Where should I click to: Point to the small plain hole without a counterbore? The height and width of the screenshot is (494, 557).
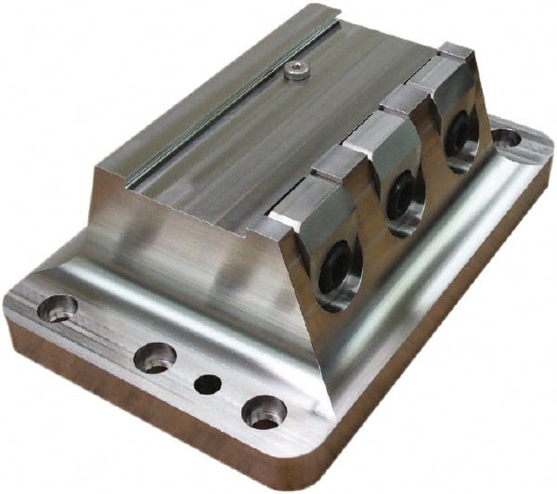209,382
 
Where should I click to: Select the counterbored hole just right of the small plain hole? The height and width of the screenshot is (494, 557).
263,409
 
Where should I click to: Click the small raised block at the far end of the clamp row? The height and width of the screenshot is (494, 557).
453,52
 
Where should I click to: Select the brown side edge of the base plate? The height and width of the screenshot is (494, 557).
139,409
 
